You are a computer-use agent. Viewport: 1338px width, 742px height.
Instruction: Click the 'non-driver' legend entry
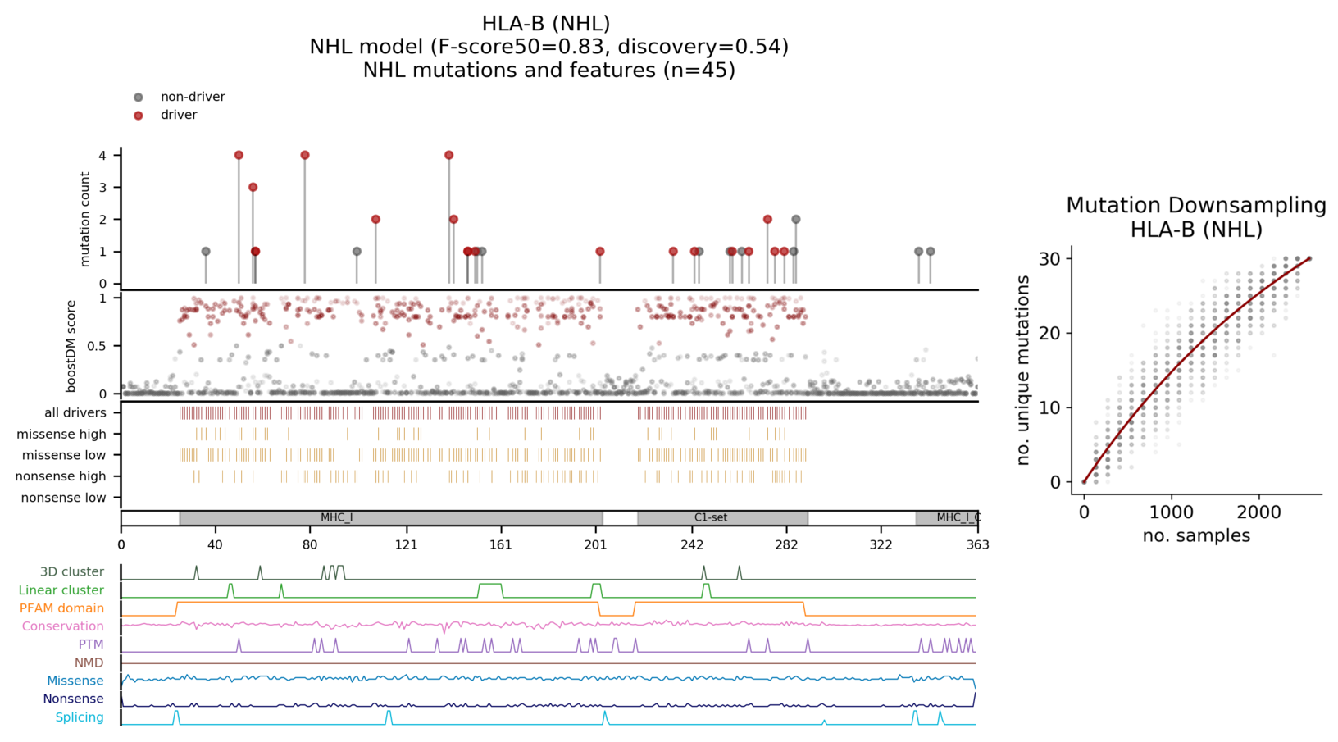tap(192, 97)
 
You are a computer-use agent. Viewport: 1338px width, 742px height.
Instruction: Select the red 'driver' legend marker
tap(139, 116)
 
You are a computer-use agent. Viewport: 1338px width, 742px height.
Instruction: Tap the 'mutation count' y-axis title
tap(85, 219)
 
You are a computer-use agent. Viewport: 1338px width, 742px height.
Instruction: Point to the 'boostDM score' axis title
tap(71, 346)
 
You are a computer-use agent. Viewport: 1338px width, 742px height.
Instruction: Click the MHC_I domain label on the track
tap(336, 518)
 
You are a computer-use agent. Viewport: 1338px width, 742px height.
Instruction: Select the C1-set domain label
tap(710, 518)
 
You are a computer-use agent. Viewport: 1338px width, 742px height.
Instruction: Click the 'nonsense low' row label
tap(63, 498)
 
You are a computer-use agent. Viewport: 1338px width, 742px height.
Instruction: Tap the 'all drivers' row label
tap(75, 413)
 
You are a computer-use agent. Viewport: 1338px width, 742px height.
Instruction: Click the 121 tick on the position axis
tap(406, 544)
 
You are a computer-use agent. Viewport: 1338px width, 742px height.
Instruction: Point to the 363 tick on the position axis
tap(977, 544)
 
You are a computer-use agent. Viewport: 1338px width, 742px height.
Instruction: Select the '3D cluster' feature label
tap(72, 572)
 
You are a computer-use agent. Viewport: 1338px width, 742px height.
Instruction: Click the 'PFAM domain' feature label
tap(61, 608)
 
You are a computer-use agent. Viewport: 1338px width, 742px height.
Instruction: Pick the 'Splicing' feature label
tap(80, 717)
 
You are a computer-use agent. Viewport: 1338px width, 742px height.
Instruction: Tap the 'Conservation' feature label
tap(63, 626)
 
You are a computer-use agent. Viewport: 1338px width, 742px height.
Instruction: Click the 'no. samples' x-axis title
tap(1196, 536)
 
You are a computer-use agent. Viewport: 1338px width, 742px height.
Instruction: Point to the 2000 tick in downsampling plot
tap(1258, 513)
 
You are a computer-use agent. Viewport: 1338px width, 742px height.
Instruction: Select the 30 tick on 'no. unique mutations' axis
tap(1051, 259)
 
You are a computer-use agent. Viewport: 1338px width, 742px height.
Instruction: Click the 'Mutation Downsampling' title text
tap(1195, 206)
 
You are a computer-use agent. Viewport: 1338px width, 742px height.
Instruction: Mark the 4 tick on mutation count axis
tap(102, 156)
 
